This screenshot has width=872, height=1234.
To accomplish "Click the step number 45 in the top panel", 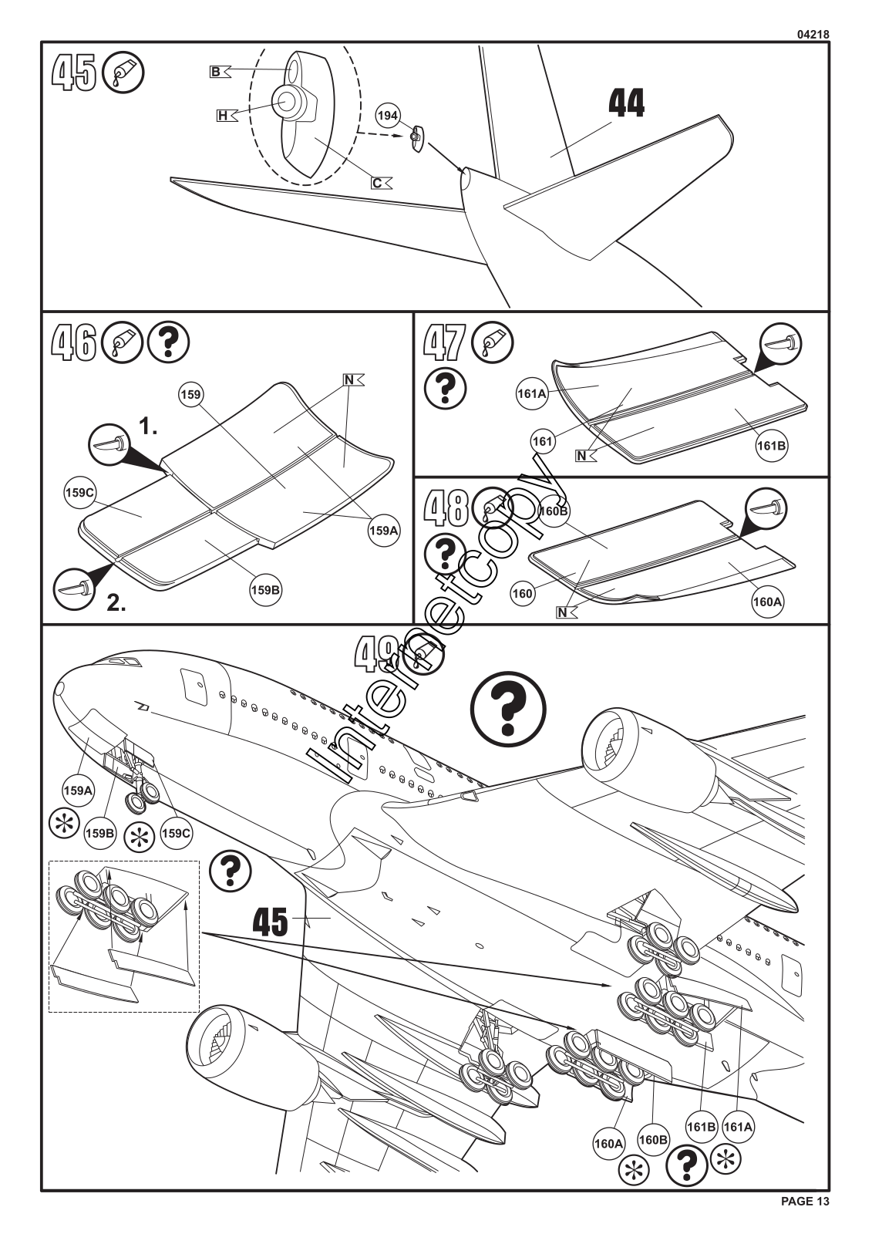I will pos(74,73).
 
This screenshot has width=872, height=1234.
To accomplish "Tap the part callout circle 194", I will pos(388,116).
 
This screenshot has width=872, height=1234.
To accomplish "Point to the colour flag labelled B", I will pos(218,72).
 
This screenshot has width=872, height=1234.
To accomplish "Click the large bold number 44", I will pos(626,103).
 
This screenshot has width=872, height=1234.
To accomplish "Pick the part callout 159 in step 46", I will pos(190,395).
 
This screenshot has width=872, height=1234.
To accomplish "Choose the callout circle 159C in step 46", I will pos(79,492).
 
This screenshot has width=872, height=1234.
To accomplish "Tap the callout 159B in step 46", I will pos(265,590).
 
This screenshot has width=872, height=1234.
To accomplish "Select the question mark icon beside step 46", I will pos(168,342).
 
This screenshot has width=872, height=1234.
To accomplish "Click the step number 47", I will pos(445,342).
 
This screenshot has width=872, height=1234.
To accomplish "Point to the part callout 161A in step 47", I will pos(532,393).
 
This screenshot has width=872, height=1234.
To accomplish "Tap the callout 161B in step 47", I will pos(772,445).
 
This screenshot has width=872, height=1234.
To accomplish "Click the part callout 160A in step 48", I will pos(767,601).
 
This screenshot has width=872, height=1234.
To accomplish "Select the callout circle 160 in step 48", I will pos(523,593).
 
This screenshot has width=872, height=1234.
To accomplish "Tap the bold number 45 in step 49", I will pos(271,922).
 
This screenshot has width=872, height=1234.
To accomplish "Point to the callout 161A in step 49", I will pos(738,1126).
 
